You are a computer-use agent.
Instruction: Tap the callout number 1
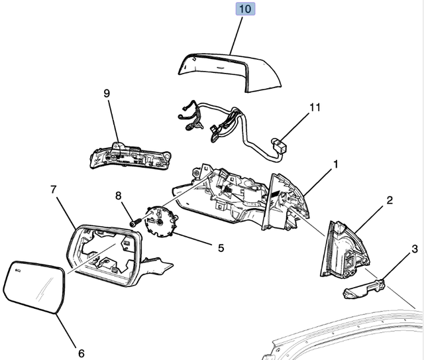tap(336, 164)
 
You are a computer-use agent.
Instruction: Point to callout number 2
tap(390, 200)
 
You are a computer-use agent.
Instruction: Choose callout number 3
tap(414, 249)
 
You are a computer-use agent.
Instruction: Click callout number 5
tap(221, 247)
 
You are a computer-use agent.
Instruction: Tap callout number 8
tap(119, 196)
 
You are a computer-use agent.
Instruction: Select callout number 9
tap(106, 93)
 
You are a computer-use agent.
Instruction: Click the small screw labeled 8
tap(136, 223)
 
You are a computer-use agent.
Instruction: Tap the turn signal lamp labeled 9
tap(129, 158)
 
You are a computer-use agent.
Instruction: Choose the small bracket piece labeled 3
tap(363, 288)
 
